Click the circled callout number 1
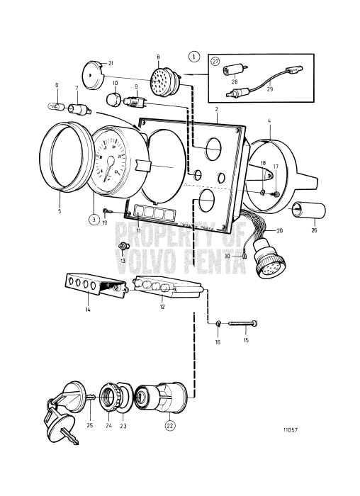(193, 56)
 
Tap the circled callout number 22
(169, 425)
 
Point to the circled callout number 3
(94, 219)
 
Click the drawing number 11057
(291, 429)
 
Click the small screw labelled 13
(122, 245)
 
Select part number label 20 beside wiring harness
(279, 231)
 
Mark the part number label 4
(269, 121)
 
